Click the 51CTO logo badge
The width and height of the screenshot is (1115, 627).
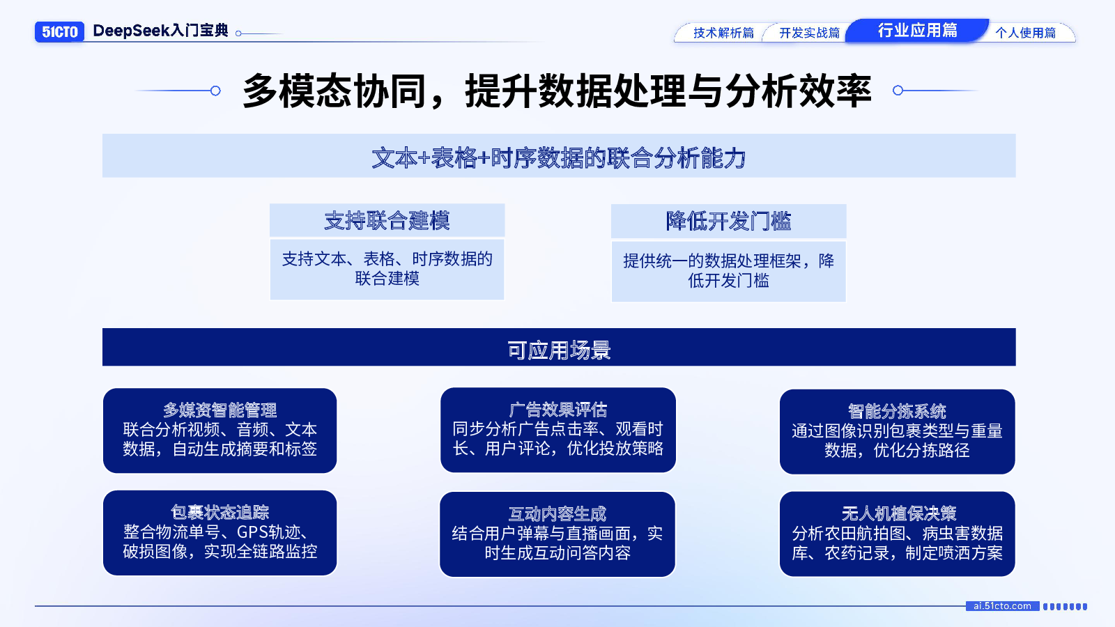[x=59, y=32]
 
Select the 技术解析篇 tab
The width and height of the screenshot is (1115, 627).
[x=723, y=33]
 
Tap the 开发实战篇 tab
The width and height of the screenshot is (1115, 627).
[x=809, y=33]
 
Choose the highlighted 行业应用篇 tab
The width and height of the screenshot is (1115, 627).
[x=917, y=31]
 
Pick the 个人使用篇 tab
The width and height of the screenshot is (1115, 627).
[x=1025, y=33]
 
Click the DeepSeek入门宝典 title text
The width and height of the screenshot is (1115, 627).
[x=160, y=31]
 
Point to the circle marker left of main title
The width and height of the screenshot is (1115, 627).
[x=215, y=91]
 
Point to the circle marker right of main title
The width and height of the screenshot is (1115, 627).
[x=898, y=91]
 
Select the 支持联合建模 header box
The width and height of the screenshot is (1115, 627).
[x=387, y=220]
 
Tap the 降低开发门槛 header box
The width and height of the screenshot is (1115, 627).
[x=729, y=222]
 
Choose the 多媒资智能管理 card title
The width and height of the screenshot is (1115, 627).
[x=220, y=410]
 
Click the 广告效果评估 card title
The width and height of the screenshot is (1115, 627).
[x=558, y=410]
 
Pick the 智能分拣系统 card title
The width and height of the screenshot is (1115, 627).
[x=897, y=412]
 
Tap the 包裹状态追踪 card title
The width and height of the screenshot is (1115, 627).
[x=220, y=513]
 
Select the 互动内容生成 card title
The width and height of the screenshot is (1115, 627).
[x=557, y=514]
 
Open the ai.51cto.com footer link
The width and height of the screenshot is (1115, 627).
[x=1003, y=606]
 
